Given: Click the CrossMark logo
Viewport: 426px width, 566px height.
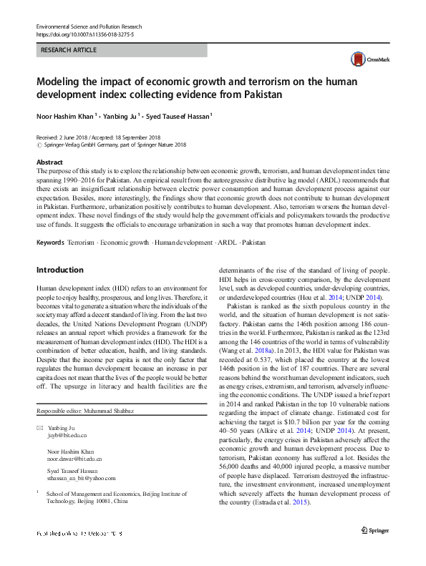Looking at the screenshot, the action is point(378,62).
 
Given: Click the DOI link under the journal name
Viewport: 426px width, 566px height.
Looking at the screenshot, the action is point(80,34).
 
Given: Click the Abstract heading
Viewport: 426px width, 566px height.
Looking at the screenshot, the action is point(49,163).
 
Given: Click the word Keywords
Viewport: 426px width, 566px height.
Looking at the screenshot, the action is point(51,243).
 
